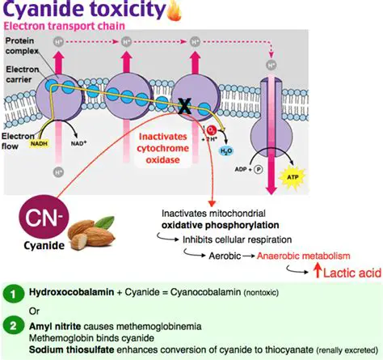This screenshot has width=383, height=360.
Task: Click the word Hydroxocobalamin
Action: [69, 291]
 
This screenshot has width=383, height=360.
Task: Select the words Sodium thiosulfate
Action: [71, 348]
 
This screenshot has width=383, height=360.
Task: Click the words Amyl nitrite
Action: [58, 323]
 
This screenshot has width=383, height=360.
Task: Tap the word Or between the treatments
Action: [34, 307]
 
